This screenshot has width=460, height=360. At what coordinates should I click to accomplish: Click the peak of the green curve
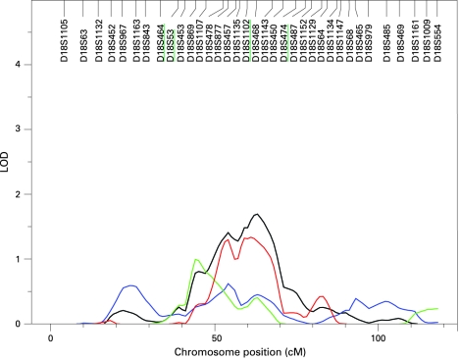pos(197,259)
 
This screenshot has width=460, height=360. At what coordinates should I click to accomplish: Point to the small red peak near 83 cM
pos(322,296)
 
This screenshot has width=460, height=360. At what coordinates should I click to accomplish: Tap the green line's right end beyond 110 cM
pos(437,309)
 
